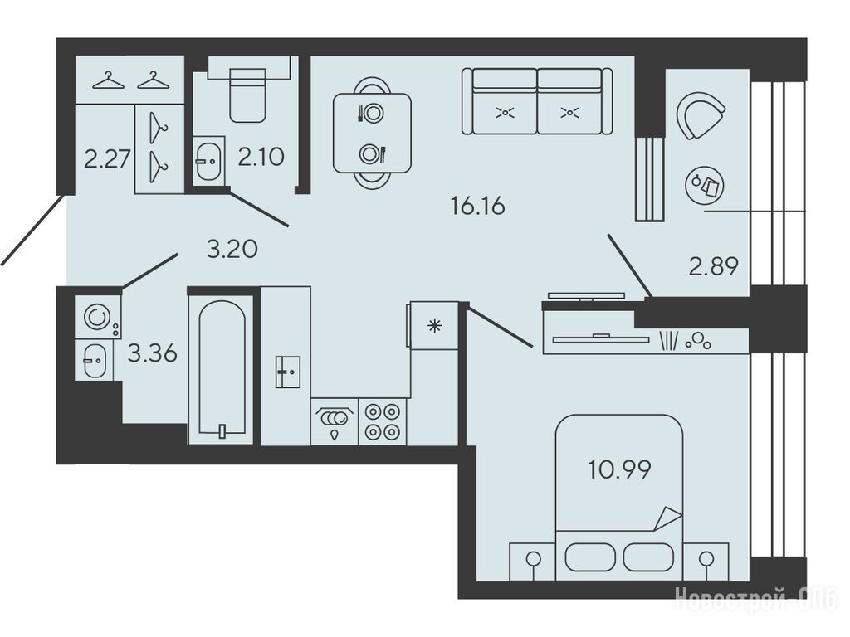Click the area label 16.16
click(477, 206)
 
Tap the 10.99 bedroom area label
click(619, 469)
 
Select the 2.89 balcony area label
click(713, 266)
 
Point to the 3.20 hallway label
click(232, 249)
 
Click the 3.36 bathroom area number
click(153, 353)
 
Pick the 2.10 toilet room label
click(261, 157)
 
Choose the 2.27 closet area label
click(107, 159)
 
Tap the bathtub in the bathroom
click(222, 367)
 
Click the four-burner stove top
click(382, 422)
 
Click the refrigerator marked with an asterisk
click(434, 325)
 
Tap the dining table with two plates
click(372, 134)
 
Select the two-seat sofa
click(537, 100)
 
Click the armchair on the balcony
click(699, 114)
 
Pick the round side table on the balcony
click(704, 185)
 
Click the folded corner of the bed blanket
click(668, 518)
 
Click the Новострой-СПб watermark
click(755, 600)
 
